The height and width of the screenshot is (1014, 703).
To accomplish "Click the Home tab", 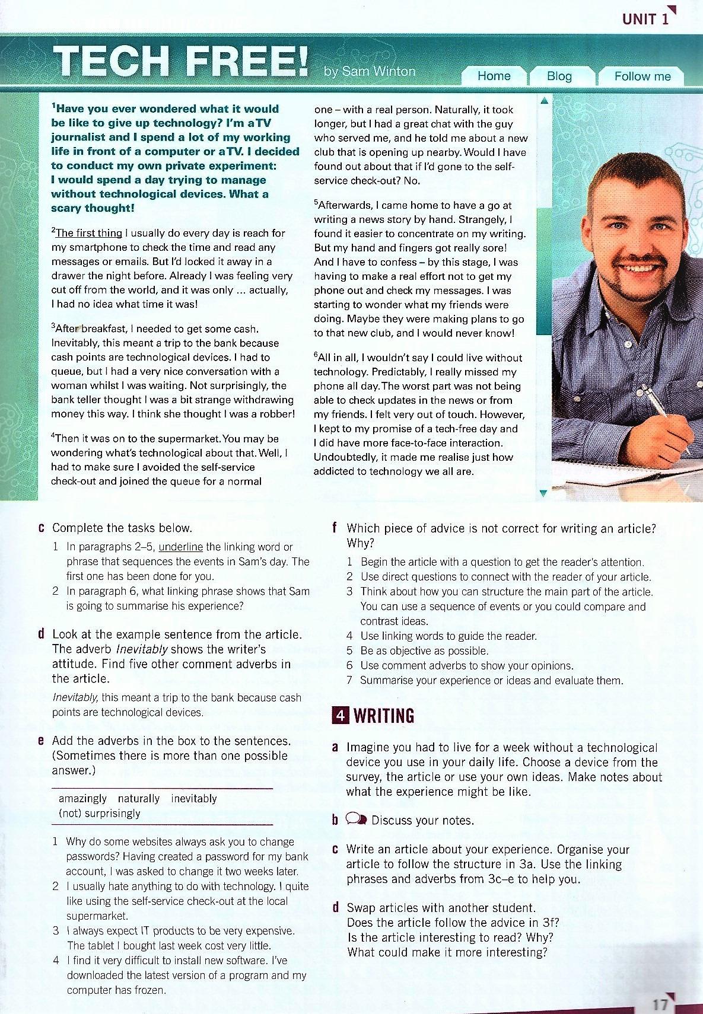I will [x=494, y=76].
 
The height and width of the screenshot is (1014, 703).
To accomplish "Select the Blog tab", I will [x=559, y=76].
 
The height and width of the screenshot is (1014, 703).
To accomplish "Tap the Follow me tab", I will [x=642, y=76].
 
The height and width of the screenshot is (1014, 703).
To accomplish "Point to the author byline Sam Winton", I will [x=370, y=72].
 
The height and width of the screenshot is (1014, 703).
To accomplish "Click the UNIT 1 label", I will [x=645, y=19].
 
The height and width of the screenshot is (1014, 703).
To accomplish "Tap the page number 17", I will [x=660, y=1005].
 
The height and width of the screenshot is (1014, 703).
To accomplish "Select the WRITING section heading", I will [x=384, y=716].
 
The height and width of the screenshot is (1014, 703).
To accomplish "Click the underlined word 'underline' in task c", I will [x=181, y=547].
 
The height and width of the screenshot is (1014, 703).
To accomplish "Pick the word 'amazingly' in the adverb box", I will [x=82, y=799].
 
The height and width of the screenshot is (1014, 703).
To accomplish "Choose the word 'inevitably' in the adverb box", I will [x=194, y=799].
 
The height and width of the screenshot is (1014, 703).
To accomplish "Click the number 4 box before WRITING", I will [x=339, y=716].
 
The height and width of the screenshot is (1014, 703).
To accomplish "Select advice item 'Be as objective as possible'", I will [x=424, y=651].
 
